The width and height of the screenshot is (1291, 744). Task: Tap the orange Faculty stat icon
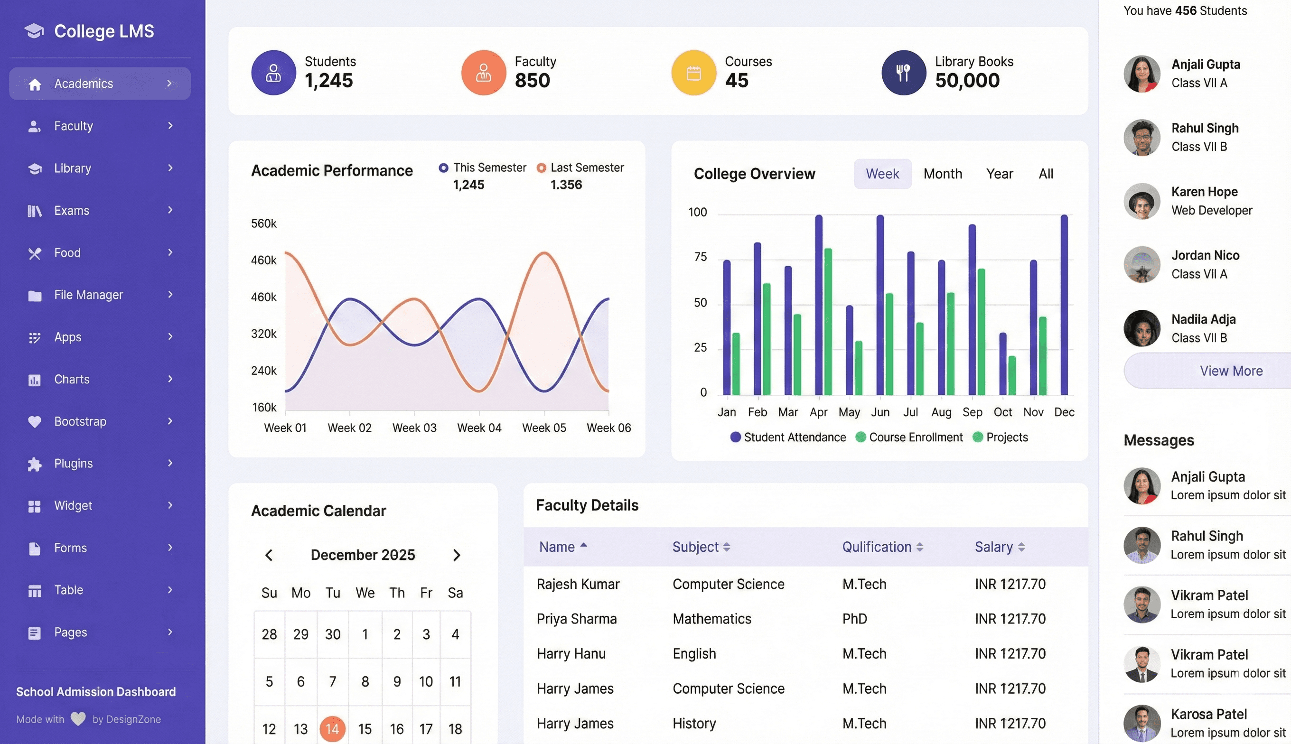coord(484,73)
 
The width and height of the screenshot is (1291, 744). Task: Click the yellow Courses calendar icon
coord(693,73)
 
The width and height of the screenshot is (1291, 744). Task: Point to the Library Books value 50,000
coord(967,80)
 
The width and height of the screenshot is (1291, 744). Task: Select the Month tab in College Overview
coord(943,174)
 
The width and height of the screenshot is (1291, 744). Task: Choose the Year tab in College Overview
coord(999,174)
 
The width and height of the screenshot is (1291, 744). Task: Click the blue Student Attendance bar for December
coord(1064,305)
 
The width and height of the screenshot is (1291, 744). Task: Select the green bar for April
coord(828,321)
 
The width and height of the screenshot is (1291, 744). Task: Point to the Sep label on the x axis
coord(972,412)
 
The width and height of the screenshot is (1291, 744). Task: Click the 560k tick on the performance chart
coord(264,223)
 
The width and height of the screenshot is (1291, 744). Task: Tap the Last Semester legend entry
coord(580,167)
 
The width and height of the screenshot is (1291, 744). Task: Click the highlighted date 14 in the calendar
coord(332,729)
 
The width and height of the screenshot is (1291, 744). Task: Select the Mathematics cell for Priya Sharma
coord(711,619)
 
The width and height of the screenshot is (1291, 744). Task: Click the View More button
coord(1231,371)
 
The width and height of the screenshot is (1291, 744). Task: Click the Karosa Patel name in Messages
coord(1209,714)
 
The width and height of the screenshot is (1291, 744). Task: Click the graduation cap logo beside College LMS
coord(34,31)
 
